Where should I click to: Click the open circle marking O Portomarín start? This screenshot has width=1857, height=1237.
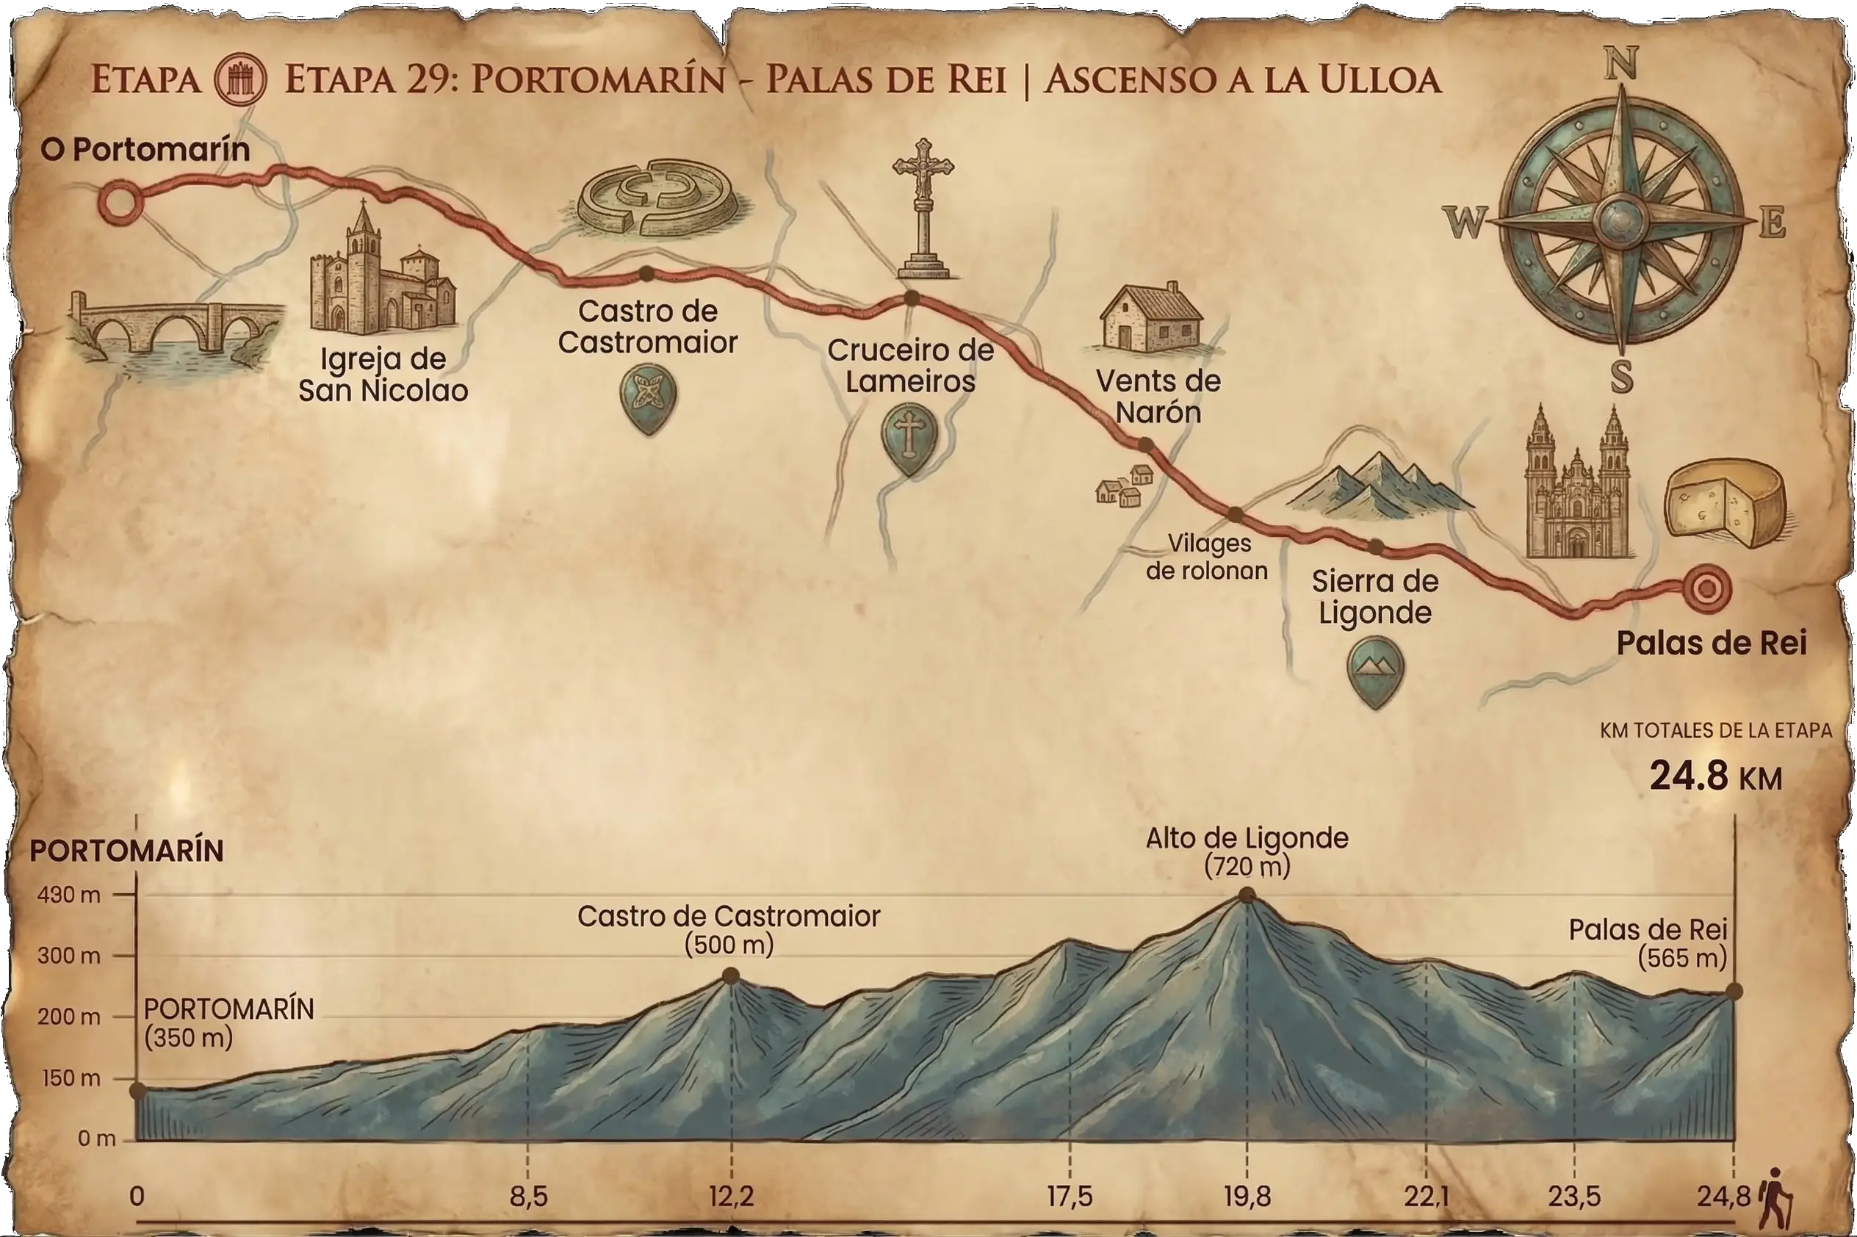tap(120, 202)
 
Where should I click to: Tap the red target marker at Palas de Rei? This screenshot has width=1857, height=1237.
tap(1706, 587)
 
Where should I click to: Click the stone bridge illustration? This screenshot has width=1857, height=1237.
tap(175, 331)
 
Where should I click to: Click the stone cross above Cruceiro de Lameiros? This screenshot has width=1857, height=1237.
tap(923, 209)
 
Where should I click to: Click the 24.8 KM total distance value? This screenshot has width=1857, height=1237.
tap(1715, 777)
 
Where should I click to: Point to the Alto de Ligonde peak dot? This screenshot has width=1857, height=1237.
tap(1247, 895)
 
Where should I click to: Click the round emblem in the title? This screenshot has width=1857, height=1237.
tap(242, 79)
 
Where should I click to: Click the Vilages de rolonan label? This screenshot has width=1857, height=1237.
tap(1207, 556)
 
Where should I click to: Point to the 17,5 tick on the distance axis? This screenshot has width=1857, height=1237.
tap(1070, 1197)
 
